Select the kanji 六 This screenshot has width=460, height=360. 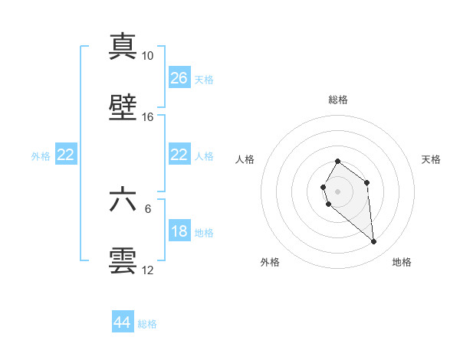coord(123,200)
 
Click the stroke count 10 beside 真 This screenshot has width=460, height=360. coord(147,56)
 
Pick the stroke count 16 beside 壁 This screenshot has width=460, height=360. coord(147,117)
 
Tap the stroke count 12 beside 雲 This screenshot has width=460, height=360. coord(147,270)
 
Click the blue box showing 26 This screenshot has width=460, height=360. coord(179,77)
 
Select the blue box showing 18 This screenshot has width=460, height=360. coord(179,231)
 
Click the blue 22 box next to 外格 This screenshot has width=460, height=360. coord(66,155)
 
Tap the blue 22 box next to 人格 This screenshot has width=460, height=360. coord(179,155)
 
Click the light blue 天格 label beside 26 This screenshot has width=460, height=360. coord(204,79)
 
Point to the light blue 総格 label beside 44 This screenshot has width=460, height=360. coord(147,324)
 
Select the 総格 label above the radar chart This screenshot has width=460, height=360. coord(338,100)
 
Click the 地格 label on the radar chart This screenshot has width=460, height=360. coord(402,263)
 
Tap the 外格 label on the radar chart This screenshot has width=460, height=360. coord(270,263)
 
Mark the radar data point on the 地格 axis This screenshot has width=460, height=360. coord(374,242)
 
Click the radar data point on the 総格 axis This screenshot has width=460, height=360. coord(338,161)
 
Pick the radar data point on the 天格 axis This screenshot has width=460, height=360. coord(367,182)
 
